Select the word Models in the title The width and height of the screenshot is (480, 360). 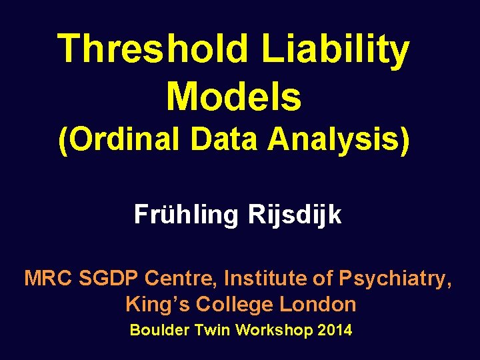click(234, 96)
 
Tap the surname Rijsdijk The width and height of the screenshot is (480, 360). click(295, 215)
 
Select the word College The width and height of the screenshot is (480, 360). click(229, 305)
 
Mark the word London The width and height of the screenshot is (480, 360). click(318, 305)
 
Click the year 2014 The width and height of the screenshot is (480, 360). click(335, 330)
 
